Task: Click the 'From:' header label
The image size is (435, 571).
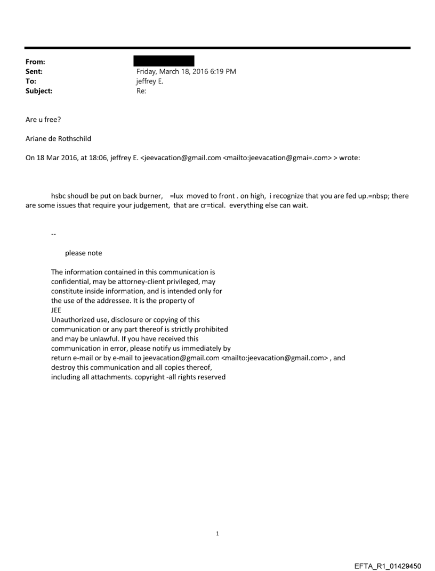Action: coord(34,62)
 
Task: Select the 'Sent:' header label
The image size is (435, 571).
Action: coord(34,71)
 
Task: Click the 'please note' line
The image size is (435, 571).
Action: coord(83,253)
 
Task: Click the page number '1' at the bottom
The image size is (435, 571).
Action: coord(217,533)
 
